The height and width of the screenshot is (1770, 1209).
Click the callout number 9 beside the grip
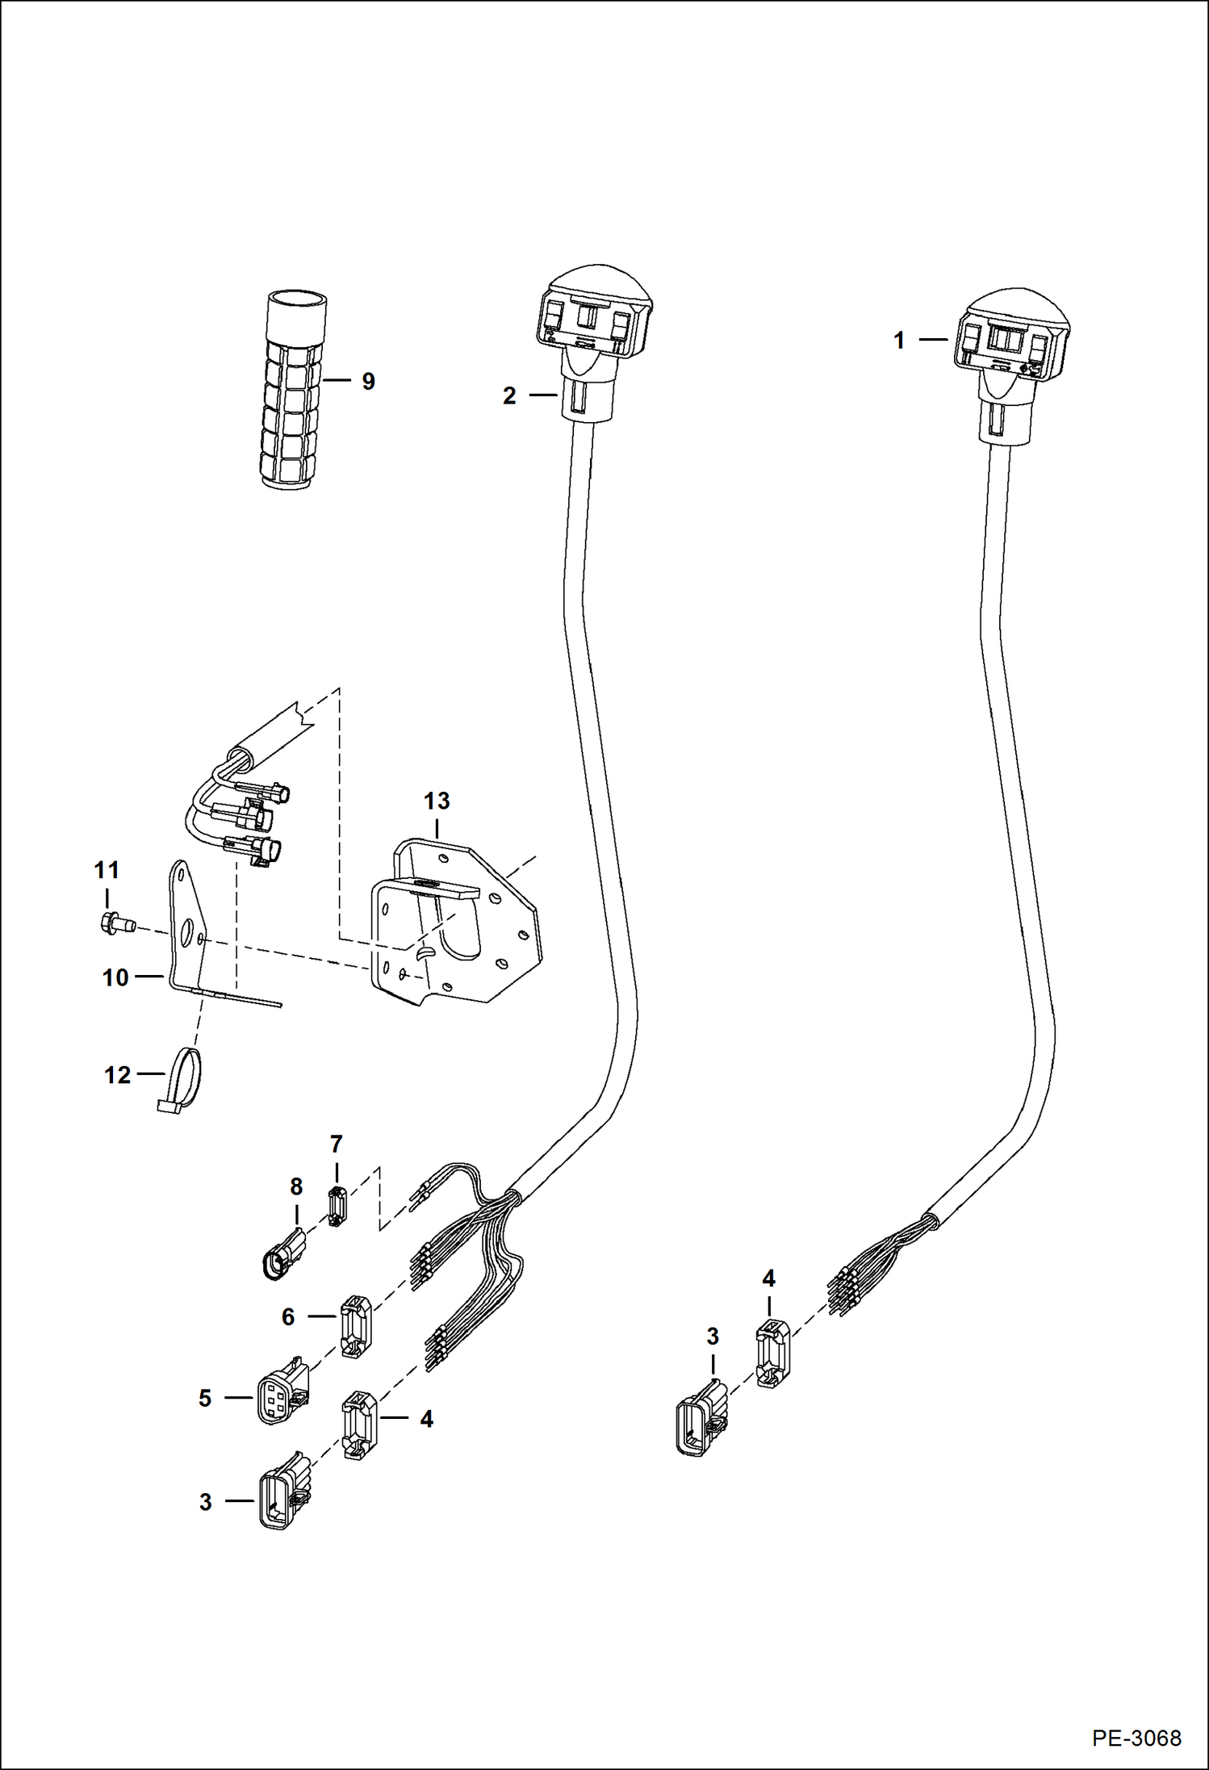(368, 381)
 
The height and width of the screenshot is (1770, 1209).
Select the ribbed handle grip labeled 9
(295, 390)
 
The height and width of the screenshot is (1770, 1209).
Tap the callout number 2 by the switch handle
(509, 395)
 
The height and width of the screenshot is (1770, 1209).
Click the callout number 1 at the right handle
(899, 340)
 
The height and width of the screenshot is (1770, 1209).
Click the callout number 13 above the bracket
(437, 801)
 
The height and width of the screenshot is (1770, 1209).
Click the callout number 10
(115, 977)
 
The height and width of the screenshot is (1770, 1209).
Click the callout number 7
(337, 1144)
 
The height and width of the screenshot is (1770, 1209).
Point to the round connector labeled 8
(282, 1257)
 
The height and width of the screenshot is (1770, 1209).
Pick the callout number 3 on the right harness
(712, 1337)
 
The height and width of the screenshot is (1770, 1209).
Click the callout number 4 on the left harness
(426, 1418)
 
